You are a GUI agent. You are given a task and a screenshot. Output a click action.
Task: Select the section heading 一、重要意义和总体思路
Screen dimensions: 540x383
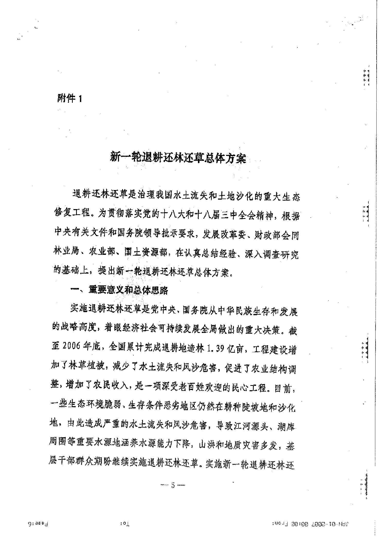point(119,290)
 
